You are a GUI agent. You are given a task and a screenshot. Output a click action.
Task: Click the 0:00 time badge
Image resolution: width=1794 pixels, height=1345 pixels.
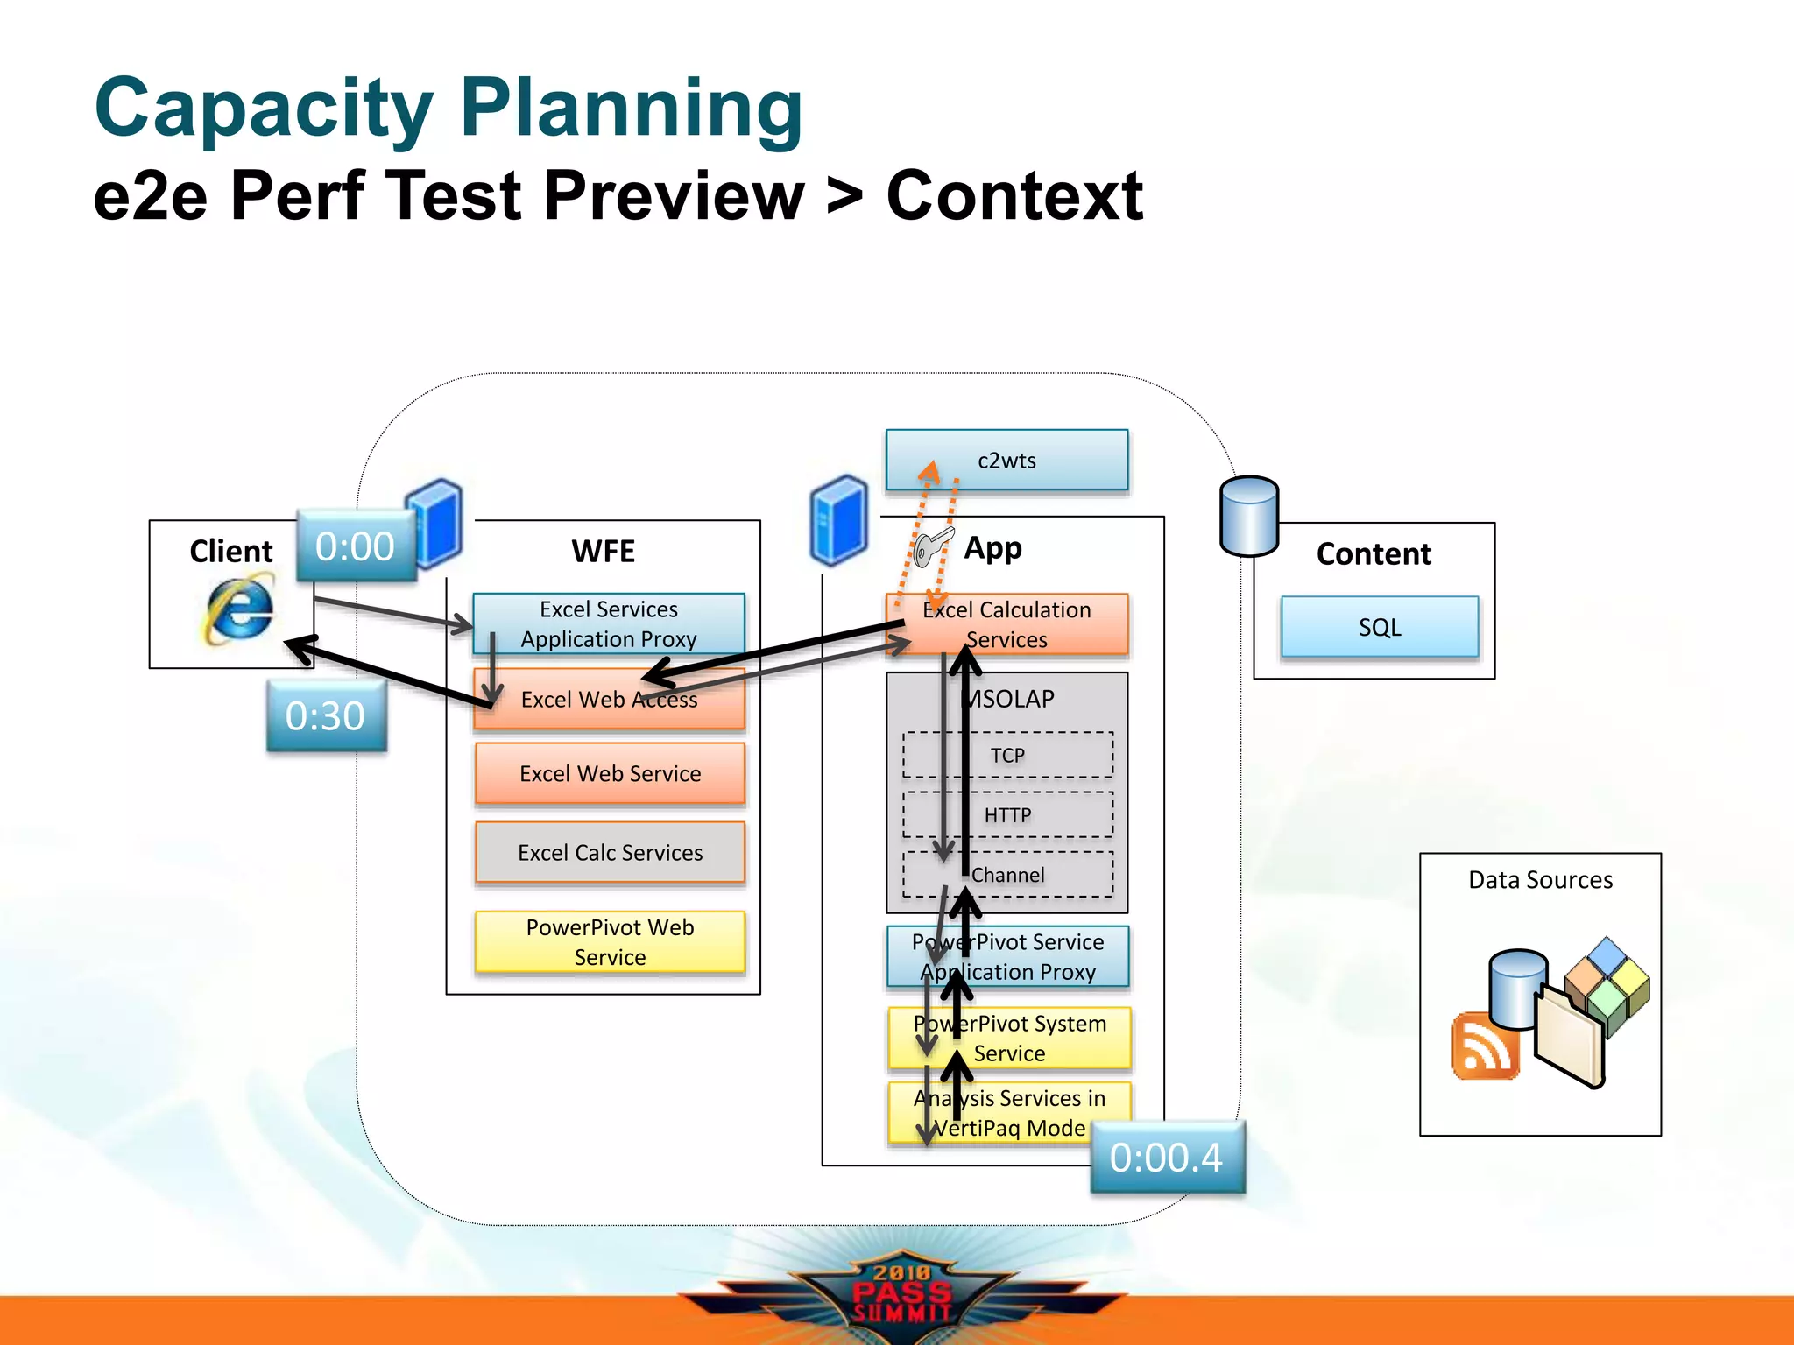[x=355, y=546]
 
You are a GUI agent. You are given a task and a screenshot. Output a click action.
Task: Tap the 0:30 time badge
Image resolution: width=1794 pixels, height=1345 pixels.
[x=326, y=716]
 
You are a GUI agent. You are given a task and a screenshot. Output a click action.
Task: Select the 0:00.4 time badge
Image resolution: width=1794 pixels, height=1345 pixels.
[x=1166, y=1158]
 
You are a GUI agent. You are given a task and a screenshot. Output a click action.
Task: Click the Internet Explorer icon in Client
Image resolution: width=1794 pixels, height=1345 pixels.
[x=238, y=609]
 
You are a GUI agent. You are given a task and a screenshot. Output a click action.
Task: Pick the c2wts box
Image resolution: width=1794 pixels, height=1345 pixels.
[x=1006, y=461]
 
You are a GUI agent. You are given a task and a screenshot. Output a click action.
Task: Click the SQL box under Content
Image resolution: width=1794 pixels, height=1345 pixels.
[x=1379, y=627]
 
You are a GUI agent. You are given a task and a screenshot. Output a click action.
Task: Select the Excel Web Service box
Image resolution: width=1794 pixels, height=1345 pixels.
[x=610, y=774]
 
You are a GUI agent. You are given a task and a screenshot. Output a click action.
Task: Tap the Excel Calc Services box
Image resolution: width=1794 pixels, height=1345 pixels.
[x=610, y=852]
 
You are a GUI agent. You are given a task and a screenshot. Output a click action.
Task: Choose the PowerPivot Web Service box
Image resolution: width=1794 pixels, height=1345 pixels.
[x=610, y=942]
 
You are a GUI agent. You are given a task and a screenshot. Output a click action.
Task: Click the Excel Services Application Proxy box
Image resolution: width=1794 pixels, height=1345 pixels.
[x=608, y=623]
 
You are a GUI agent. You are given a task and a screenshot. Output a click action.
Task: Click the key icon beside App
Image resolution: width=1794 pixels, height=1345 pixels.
[x=930, y=547]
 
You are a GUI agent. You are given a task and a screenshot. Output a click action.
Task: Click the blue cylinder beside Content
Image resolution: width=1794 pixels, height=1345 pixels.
[x=1249, y=517]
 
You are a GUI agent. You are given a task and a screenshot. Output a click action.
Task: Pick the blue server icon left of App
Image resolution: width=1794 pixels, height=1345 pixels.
[x=839, y=520]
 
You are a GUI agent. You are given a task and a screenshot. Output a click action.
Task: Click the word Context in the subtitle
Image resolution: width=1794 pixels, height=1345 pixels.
[x=1014, y=196]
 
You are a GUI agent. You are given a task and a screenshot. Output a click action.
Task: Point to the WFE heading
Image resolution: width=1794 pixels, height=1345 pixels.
[x=603, y=552]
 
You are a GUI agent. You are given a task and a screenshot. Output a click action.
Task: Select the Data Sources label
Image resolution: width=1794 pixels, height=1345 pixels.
[x=1540, y=880]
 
